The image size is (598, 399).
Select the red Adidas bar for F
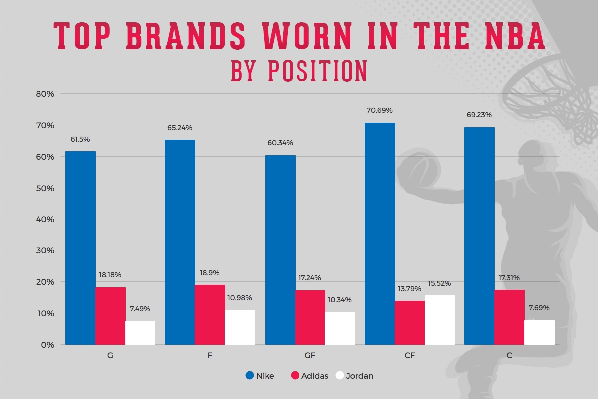pos(210,314)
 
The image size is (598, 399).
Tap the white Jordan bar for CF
pos(440,320)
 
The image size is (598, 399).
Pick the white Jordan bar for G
pos(140,332)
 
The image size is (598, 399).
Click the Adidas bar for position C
pos(509,317)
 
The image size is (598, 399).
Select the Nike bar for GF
pos(280,249)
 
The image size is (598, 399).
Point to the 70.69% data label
pos(380,110)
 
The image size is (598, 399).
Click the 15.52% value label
pos(439,283)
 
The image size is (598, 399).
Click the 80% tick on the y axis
pos(43,94)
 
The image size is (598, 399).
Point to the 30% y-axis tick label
pos(43,250)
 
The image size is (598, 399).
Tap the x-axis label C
pos(509,356)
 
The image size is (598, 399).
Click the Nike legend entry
pos(260,376)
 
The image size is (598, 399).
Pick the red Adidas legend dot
pos(294,376)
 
